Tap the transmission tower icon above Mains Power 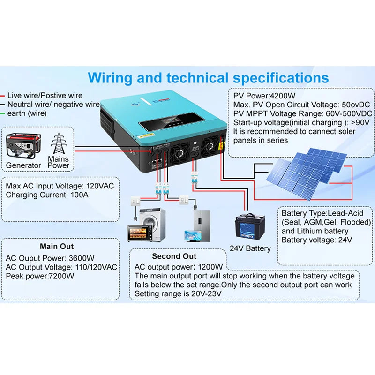59,144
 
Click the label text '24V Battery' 250,248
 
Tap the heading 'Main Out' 56,246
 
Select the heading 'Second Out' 174,256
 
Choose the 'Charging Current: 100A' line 47,195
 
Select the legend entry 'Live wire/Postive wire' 45,96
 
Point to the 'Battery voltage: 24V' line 316,240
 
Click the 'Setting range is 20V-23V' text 178,294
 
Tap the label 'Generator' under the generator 23,165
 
